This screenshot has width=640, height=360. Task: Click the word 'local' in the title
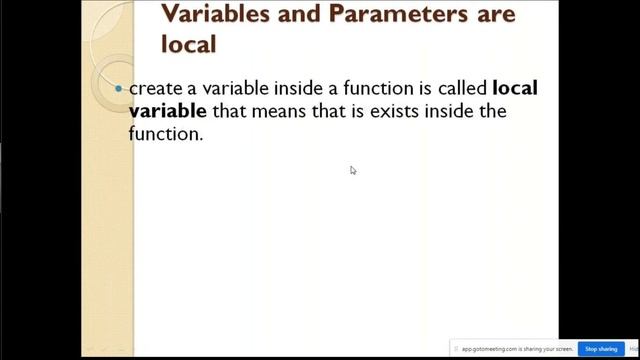pyautogui.click(x=189, y=44)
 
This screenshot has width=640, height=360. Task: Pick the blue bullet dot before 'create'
pyautogui.click(x=119, y=88)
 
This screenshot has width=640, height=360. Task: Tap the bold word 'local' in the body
pyautogui.click(x=515, y=88)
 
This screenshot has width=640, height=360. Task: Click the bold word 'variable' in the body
pyautogui.click(x=168, y=110)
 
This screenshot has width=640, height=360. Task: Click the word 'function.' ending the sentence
pyautogui.click(x=166, y=132)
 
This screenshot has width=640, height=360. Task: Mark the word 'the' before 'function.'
pyautogui.click(x=492, y=110)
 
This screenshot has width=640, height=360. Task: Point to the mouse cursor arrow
pyautogui.click(x=352, y=169)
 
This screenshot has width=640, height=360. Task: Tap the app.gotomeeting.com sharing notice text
pyautogui.click(x=513, y=349)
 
